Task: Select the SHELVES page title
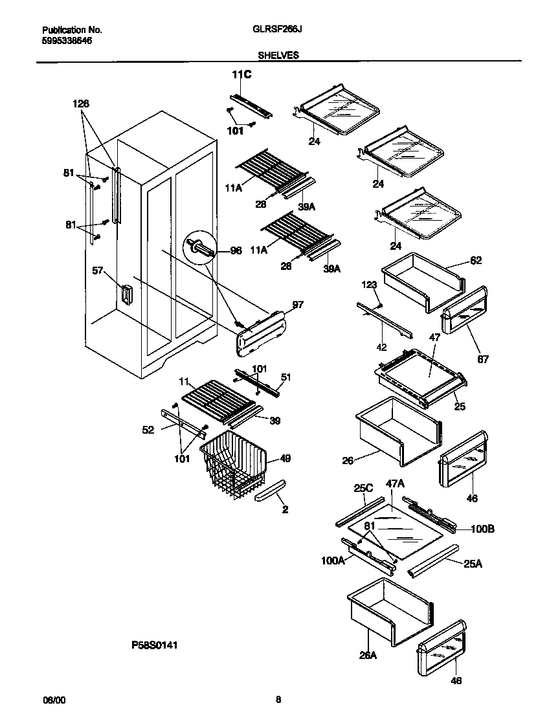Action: pyautogui.click(x=278, y=56)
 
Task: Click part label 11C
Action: pyautogui.click(x=241, y=76)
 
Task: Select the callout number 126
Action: pyautogui.click(x=81, y=104)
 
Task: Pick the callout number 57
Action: pyautogui.click(x=98, y=272)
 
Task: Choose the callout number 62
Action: pyautogui.click(x=476, y=261)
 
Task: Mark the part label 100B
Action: pyautogui.click(x=482, y=529)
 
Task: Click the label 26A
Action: pyautogui.click(x=368, y=655)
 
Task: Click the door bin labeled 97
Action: pyautogui.click(x=262, y=331)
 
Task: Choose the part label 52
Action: pyautogui.click(x=148, y=430)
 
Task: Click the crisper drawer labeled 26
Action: pyautogui.click(x=396, y=432)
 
